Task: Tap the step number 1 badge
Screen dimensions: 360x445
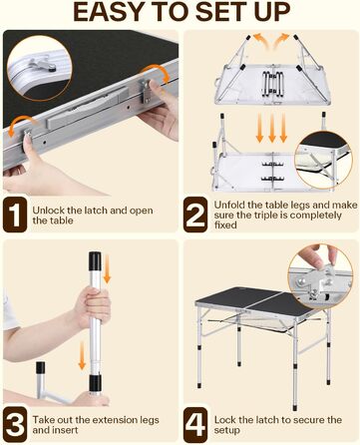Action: point(15,215)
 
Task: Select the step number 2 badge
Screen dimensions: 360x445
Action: point(195,215)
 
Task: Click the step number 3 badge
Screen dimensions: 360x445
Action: point(15,424)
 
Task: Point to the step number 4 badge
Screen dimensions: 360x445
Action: point(195,424)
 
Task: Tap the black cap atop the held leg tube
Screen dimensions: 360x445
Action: point(95,260)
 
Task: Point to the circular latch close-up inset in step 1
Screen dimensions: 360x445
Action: point(40,68)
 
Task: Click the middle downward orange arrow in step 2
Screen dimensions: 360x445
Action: point(272,128)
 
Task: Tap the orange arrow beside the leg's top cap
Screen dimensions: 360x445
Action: point(107,269)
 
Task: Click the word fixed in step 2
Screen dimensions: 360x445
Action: point(225,225)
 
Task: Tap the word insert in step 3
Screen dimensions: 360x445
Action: point(65,430)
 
